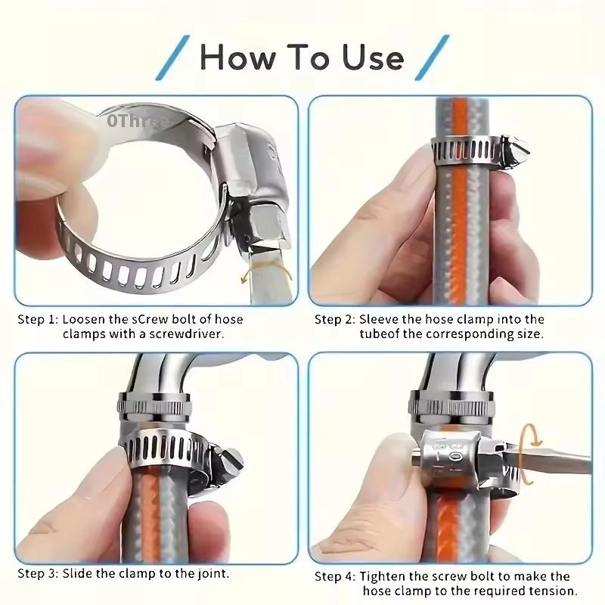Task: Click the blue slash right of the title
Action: pyautogui.click(x=433, y=57)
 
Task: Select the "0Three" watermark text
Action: pyautogui.click(x=139, y=119)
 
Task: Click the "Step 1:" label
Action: pyautogui.click(x=37, y=319)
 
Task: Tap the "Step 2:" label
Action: pyautogui.click(x=334, y=319)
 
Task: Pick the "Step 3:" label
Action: pyautogui.click(x=37, y=573)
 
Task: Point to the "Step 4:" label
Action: pyautogui.click(x=334, y=576)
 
